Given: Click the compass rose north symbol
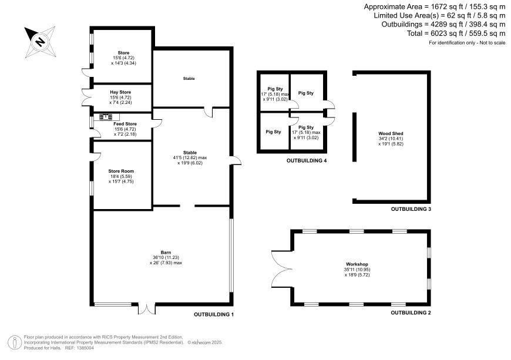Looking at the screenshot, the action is point(40,42).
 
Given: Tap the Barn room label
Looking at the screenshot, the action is point(166,253).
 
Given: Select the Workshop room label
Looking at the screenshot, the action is point(357,264).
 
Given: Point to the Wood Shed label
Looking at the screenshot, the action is point(391,133).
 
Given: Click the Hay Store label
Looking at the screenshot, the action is point(120,92).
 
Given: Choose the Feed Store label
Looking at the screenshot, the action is point(125,124).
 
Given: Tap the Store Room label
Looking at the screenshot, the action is point(121,171).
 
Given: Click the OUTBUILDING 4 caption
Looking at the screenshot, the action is point(307,160).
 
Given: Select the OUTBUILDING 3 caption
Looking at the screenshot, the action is point(411,209).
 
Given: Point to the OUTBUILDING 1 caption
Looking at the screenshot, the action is point(214,315).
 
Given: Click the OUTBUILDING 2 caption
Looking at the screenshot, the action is point(411,313).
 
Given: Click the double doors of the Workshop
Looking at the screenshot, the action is point(281,270).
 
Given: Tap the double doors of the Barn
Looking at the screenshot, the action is point(147,309).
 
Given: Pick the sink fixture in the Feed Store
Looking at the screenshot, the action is point(106,117).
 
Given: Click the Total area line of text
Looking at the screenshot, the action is point(456,33).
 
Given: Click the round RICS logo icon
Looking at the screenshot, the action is point(15,343).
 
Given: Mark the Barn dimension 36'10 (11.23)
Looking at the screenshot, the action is point(166,257).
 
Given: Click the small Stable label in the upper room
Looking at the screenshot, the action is point(189,79).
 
